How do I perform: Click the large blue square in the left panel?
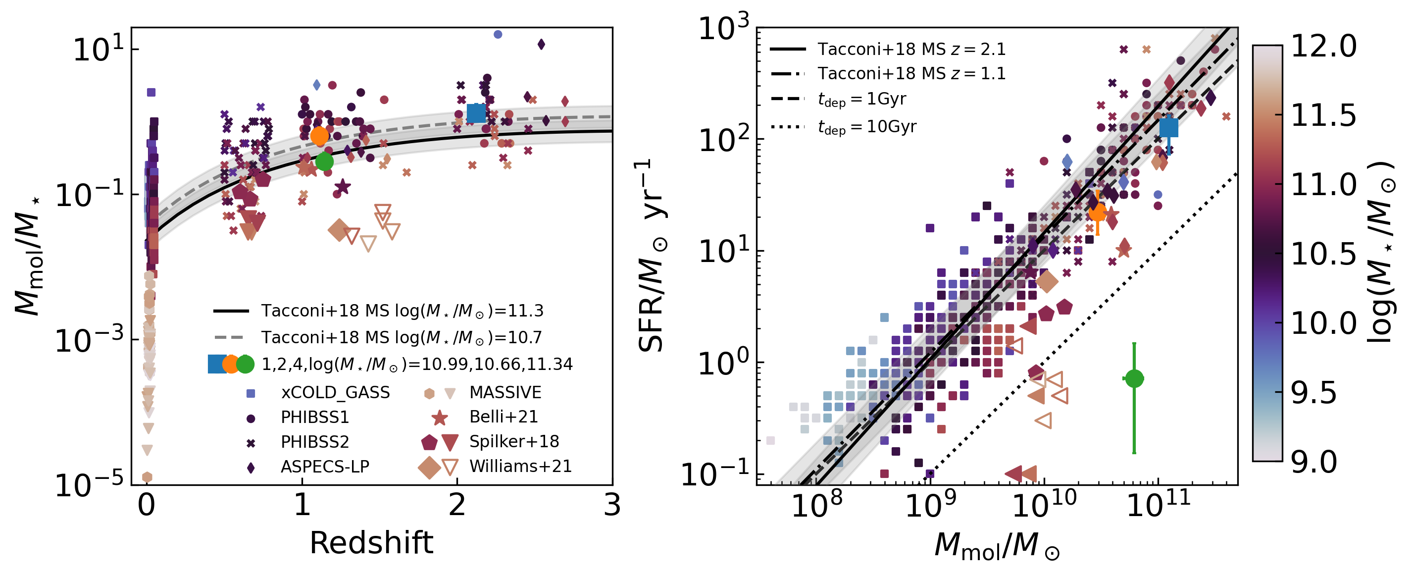[476, 113]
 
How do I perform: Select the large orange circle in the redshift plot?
[319, 136]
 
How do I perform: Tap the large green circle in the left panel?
[324, 161]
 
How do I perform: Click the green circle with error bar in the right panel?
[1134, 378]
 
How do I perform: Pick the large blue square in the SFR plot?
[1168, 128]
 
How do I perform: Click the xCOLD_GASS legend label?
[335, 393]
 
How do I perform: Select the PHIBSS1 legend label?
[315, 418]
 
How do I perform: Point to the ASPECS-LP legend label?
[325, 467]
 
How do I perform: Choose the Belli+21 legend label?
[504, 417]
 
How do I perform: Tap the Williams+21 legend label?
[520, 466]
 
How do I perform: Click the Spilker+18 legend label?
[514, 441]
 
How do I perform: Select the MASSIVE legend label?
[505, 393]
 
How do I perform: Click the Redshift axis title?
[371, 543]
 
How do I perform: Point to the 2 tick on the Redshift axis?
[457, 505]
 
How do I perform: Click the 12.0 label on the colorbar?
[1323, 46]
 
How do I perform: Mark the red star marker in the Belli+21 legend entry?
[439, 418]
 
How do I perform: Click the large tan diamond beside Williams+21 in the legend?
[429, 467]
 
